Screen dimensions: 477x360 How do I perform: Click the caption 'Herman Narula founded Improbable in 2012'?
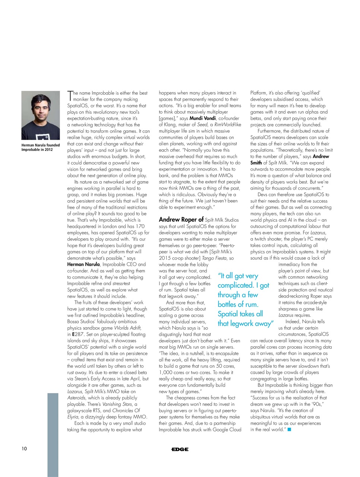click(x=40, y=148)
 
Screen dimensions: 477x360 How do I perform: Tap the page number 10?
click(x=24, y=448)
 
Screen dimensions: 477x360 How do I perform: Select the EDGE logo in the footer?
click(x=180, y=449)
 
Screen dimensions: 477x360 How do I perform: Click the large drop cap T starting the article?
click(x=70, y=96)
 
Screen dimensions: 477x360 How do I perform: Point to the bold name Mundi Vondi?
click(x=202, y=119)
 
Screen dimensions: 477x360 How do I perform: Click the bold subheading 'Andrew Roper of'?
click(x=181, y=219)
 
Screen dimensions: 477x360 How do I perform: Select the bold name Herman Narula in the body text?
click(x=83, y=264)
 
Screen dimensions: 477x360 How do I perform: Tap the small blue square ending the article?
click(x=289, y=430)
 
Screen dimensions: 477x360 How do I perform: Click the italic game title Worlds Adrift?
click(x=127, y=328)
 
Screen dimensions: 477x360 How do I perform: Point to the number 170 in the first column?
click(x=140, y=226)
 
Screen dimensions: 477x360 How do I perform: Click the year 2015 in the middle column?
click(x=165, y=258)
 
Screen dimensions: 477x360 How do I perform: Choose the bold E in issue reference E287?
click(x=73, y=334)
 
